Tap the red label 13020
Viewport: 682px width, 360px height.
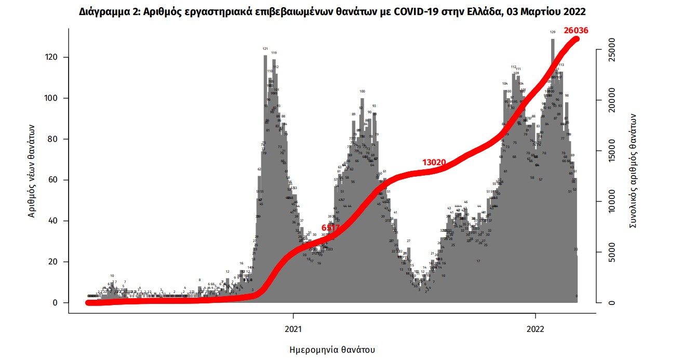(434, 162)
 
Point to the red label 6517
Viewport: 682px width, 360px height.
(330, 228)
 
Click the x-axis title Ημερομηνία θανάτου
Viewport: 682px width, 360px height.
(331, 350)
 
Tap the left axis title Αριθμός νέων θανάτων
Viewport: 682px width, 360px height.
(32, 171)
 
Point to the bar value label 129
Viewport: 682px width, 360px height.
(553, 32)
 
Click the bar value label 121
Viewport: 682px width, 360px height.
(265, 48)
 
